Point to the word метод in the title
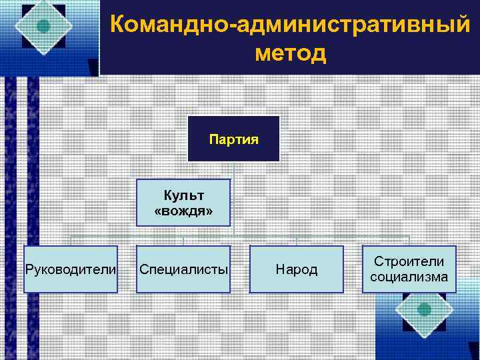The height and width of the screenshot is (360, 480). [x=291, y=53]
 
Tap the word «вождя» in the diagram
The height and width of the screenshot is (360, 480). [x=184, y=211]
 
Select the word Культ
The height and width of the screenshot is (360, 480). [x=184, y=195]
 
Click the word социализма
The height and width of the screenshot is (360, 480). [x=409, y=277]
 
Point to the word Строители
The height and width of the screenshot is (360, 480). [x=409, y=262]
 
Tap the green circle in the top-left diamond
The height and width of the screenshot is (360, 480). [x=44, y=27]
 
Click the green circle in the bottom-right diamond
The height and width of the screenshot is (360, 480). [x=423, y=309]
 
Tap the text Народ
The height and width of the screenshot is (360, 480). [x=297, y=270]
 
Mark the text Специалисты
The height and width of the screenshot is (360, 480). [x=183, y=270]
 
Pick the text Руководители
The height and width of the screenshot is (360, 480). [x=71, y=270]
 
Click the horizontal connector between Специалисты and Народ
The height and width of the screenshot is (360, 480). [x=240, y=237]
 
